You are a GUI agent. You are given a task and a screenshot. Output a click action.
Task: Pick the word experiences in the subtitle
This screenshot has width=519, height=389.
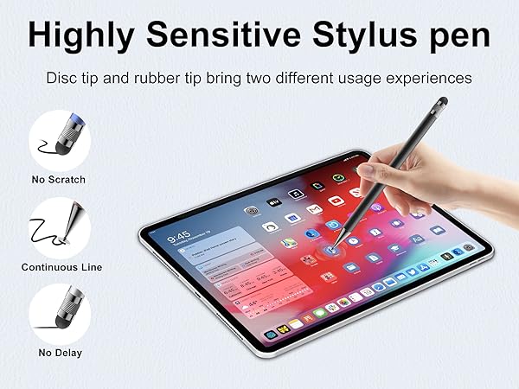click(427, 79)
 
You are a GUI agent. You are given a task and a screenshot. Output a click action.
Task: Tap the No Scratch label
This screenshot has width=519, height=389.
click(59, 180)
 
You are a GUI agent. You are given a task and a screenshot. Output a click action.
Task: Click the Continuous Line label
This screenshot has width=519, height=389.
click(61, 267)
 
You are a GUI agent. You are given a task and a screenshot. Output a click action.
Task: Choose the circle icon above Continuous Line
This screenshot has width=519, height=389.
click(60, 226)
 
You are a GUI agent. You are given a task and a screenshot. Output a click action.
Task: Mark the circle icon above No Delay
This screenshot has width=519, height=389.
click(60, 313)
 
